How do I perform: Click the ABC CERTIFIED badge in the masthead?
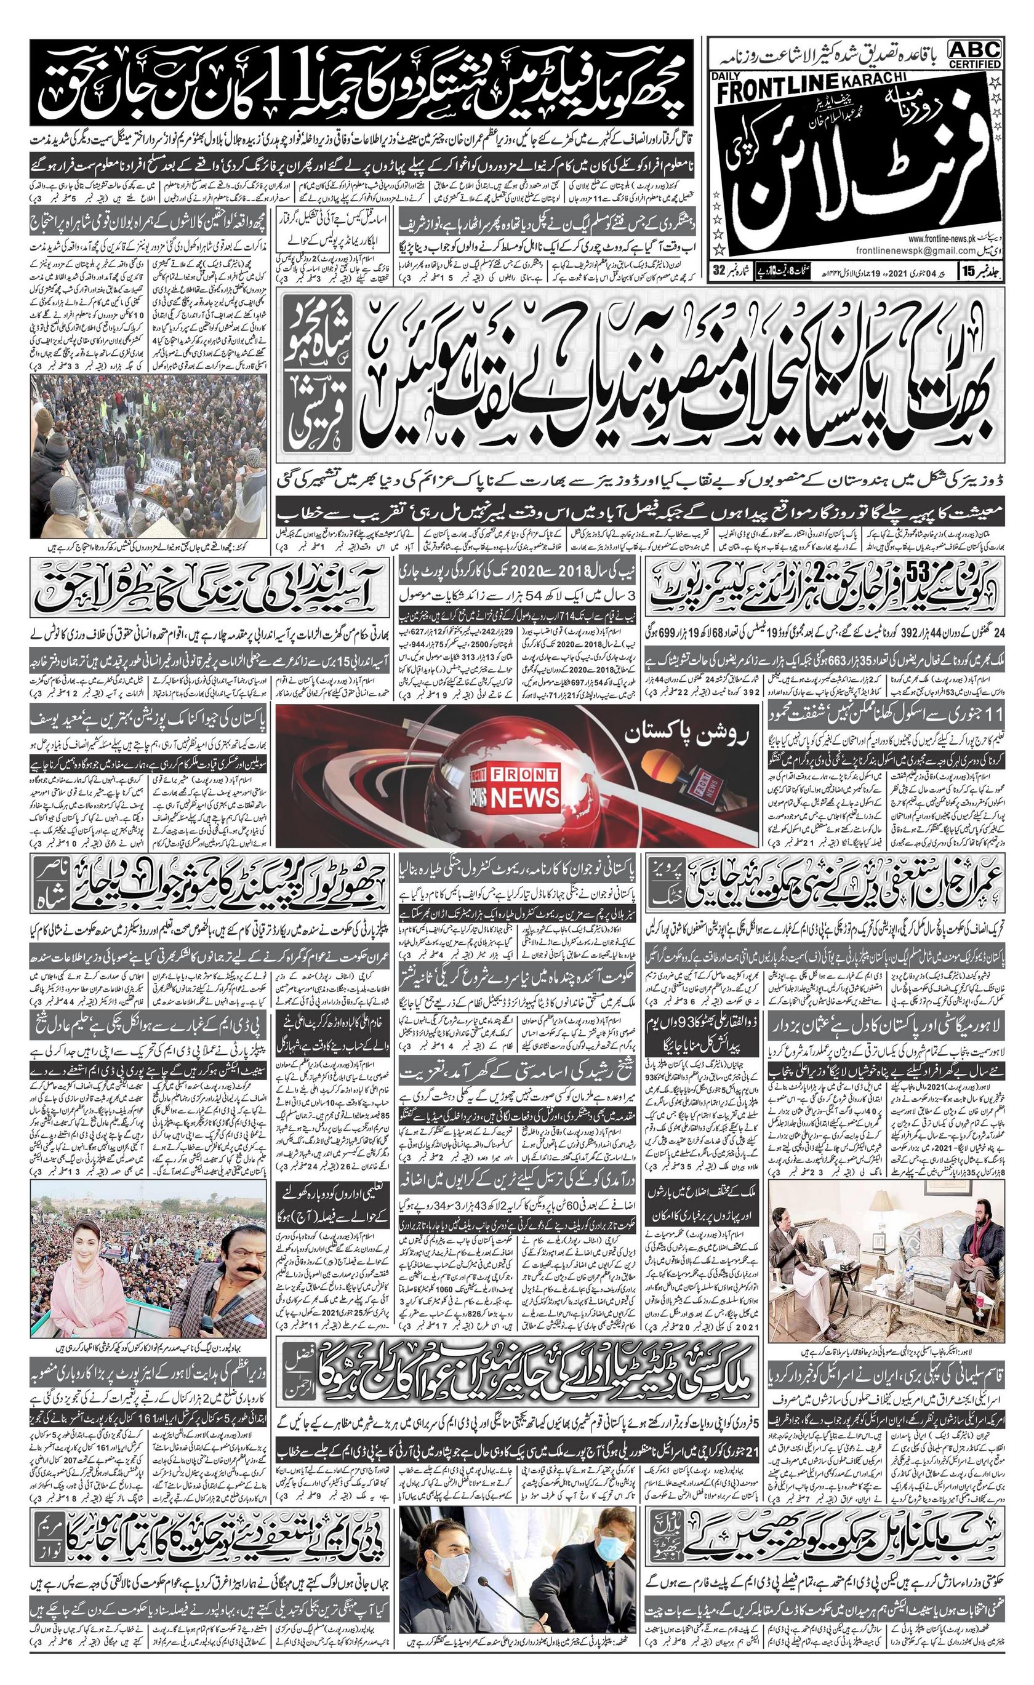(x=974, y=54)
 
